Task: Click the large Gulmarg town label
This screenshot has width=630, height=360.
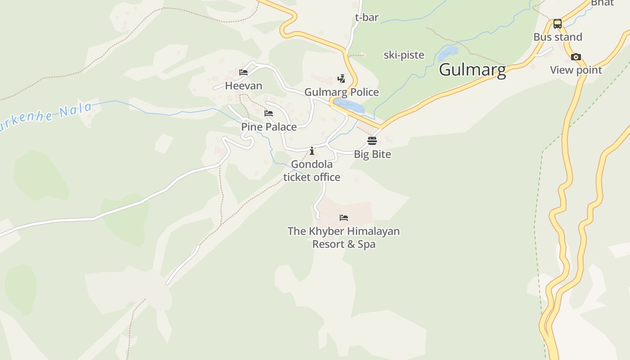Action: (x=472, y=70)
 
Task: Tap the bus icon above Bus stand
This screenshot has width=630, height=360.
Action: (x=558, y=24)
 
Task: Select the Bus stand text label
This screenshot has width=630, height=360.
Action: (x=558, y=37)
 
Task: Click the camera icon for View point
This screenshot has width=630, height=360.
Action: (x=576, y=57)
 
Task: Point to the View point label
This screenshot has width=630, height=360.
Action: (x=576, y=70)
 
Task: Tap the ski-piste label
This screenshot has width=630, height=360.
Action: (x=404, y=55)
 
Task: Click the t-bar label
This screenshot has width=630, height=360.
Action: (x=367, y=18)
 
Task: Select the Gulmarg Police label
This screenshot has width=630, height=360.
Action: (x=342, y=92)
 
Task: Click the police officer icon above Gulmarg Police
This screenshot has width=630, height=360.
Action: (x=342, y=79)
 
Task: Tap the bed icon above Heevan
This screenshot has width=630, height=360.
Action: (x=243, y=72)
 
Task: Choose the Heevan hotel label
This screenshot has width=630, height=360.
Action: (x=243, y=85)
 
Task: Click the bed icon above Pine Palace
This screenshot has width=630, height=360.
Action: (x=269, y=113)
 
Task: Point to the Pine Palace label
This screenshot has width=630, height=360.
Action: (x=269, y=127)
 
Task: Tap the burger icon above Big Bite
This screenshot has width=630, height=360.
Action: (x=372, y=141)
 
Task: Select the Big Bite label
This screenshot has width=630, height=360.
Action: (x=372, y=154)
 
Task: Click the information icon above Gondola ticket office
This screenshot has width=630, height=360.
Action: (x=312, y=151)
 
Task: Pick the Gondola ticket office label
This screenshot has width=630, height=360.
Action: (x=311, y=171)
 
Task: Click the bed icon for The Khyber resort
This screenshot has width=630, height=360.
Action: (x=344, y=218)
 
